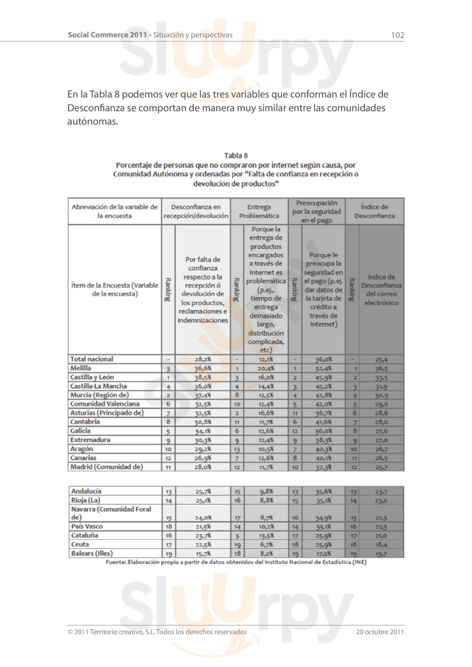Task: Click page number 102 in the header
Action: point(398,35)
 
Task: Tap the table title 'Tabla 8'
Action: point(236,156)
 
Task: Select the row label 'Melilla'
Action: point(81,368)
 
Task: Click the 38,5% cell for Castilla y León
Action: point(203,377)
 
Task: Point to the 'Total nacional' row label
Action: point(92,359)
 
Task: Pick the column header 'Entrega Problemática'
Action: point(259,211)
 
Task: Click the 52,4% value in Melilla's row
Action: point(324,368)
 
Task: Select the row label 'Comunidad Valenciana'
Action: point(105,404)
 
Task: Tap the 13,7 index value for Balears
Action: point(381,554)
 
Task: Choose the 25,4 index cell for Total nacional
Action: point(381,360)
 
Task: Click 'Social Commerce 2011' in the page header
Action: point(107,35)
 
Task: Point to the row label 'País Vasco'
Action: point(87,526)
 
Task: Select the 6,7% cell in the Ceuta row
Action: point(266,544)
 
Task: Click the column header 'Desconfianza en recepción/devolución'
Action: point(196,211)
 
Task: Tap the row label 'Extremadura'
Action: point(90,440)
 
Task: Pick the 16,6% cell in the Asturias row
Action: point(266,413)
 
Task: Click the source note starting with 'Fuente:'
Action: point(236,562)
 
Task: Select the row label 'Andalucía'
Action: point(86,491)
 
